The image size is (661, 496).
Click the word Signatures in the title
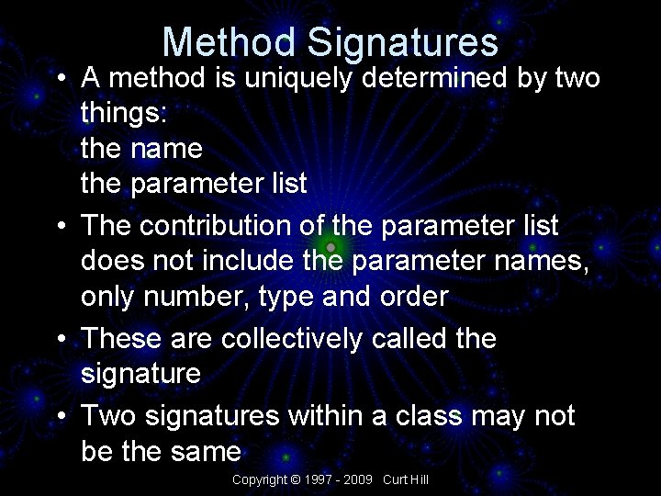click(x=403, y=42)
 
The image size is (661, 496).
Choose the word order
click(x=412, y=297)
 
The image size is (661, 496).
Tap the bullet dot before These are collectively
click(x=61, y=339)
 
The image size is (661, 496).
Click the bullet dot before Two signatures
click(x=61, y=416)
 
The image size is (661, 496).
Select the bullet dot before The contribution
click(x=61, y=225)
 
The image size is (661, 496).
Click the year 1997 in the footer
click(x=317, y=479)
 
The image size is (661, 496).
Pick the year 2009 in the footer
click(x=359, y=479)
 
